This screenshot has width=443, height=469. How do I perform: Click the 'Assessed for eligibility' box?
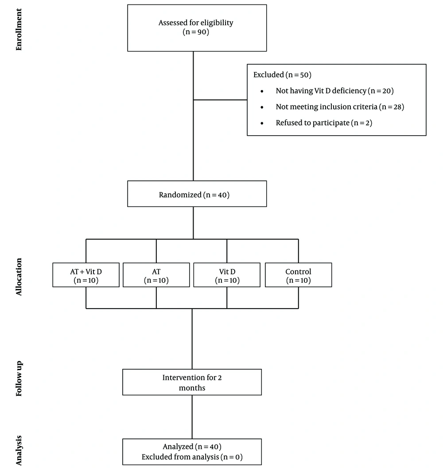click(x=197, y=28)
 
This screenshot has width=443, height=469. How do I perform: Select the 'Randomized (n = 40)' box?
click(x=197, y=194)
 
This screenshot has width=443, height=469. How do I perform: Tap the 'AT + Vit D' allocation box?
click(x=86, y=275)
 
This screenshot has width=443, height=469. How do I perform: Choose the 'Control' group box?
click(x=298, y=275)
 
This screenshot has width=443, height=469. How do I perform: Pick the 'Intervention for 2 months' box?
click(x=192, y=382)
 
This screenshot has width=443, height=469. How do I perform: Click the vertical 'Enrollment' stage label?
click(x=19, y=29)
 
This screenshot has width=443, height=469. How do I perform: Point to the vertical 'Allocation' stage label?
click(x=19, y=277)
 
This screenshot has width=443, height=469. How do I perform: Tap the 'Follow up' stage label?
click(x=19, y=379)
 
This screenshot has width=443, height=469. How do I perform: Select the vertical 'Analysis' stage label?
click(x=19, y=450)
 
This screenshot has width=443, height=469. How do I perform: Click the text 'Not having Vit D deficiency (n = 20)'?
click(x=334, y=90)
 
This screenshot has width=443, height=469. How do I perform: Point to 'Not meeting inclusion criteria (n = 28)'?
click(x=340, y=107)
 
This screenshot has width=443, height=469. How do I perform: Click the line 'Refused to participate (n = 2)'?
click(x=324, y=123)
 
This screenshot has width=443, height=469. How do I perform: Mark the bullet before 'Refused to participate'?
click(x=262, y=123)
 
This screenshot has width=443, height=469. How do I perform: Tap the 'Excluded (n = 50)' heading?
click(x=282, y=74)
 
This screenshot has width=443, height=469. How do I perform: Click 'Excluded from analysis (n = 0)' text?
click(x=192, y=457)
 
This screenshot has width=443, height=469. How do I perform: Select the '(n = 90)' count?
click(x=196, y=32)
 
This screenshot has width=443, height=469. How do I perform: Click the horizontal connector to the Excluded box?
click(x=220, y=100)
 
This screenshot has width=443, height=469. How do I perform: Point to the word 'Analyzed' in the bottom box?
click(x=178, y=446)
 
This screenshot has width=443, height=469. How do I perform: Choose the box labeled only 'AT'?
click(x=156, y=275)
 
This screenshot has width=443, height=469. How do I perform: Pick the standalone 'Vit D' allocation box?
click(x=227, y=275)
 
